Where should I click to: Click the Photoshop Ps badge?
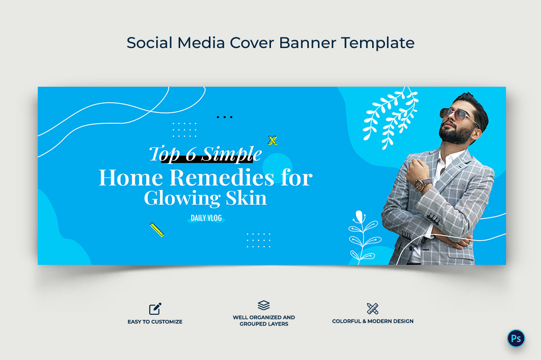pyautogui.click(x=516, y=338)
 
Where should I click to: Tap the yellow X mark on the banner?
pyautogui.click(x=272, y=140)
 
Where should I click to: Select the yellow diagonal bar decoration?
pyautogui.click(x=157, y=229)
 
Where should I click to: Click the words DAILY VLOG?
pyautogui.click(x=206, y=218)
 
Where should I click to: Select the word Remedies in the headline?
pyautogui.click(x=222, y=178)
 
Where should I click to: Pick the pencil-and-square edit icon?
pyautogui.click(x=155, y=309)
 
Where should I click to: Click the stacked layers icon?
pyautogui.click(x=264, y=305)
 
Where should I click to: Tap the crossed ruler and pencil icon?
pyautogui.click(x=373, y=309)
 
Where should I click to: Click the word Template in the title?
pyautogui.click(x=378, y=43)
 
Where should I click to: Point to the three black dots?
pyautogui.click(x=225, y=117)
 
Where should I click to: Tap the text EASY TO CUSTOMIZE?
pyautogui.click(x=155, y=322)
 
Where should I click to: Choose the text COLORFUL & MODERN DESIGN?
pyautogui.click(x=373, y=321)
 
